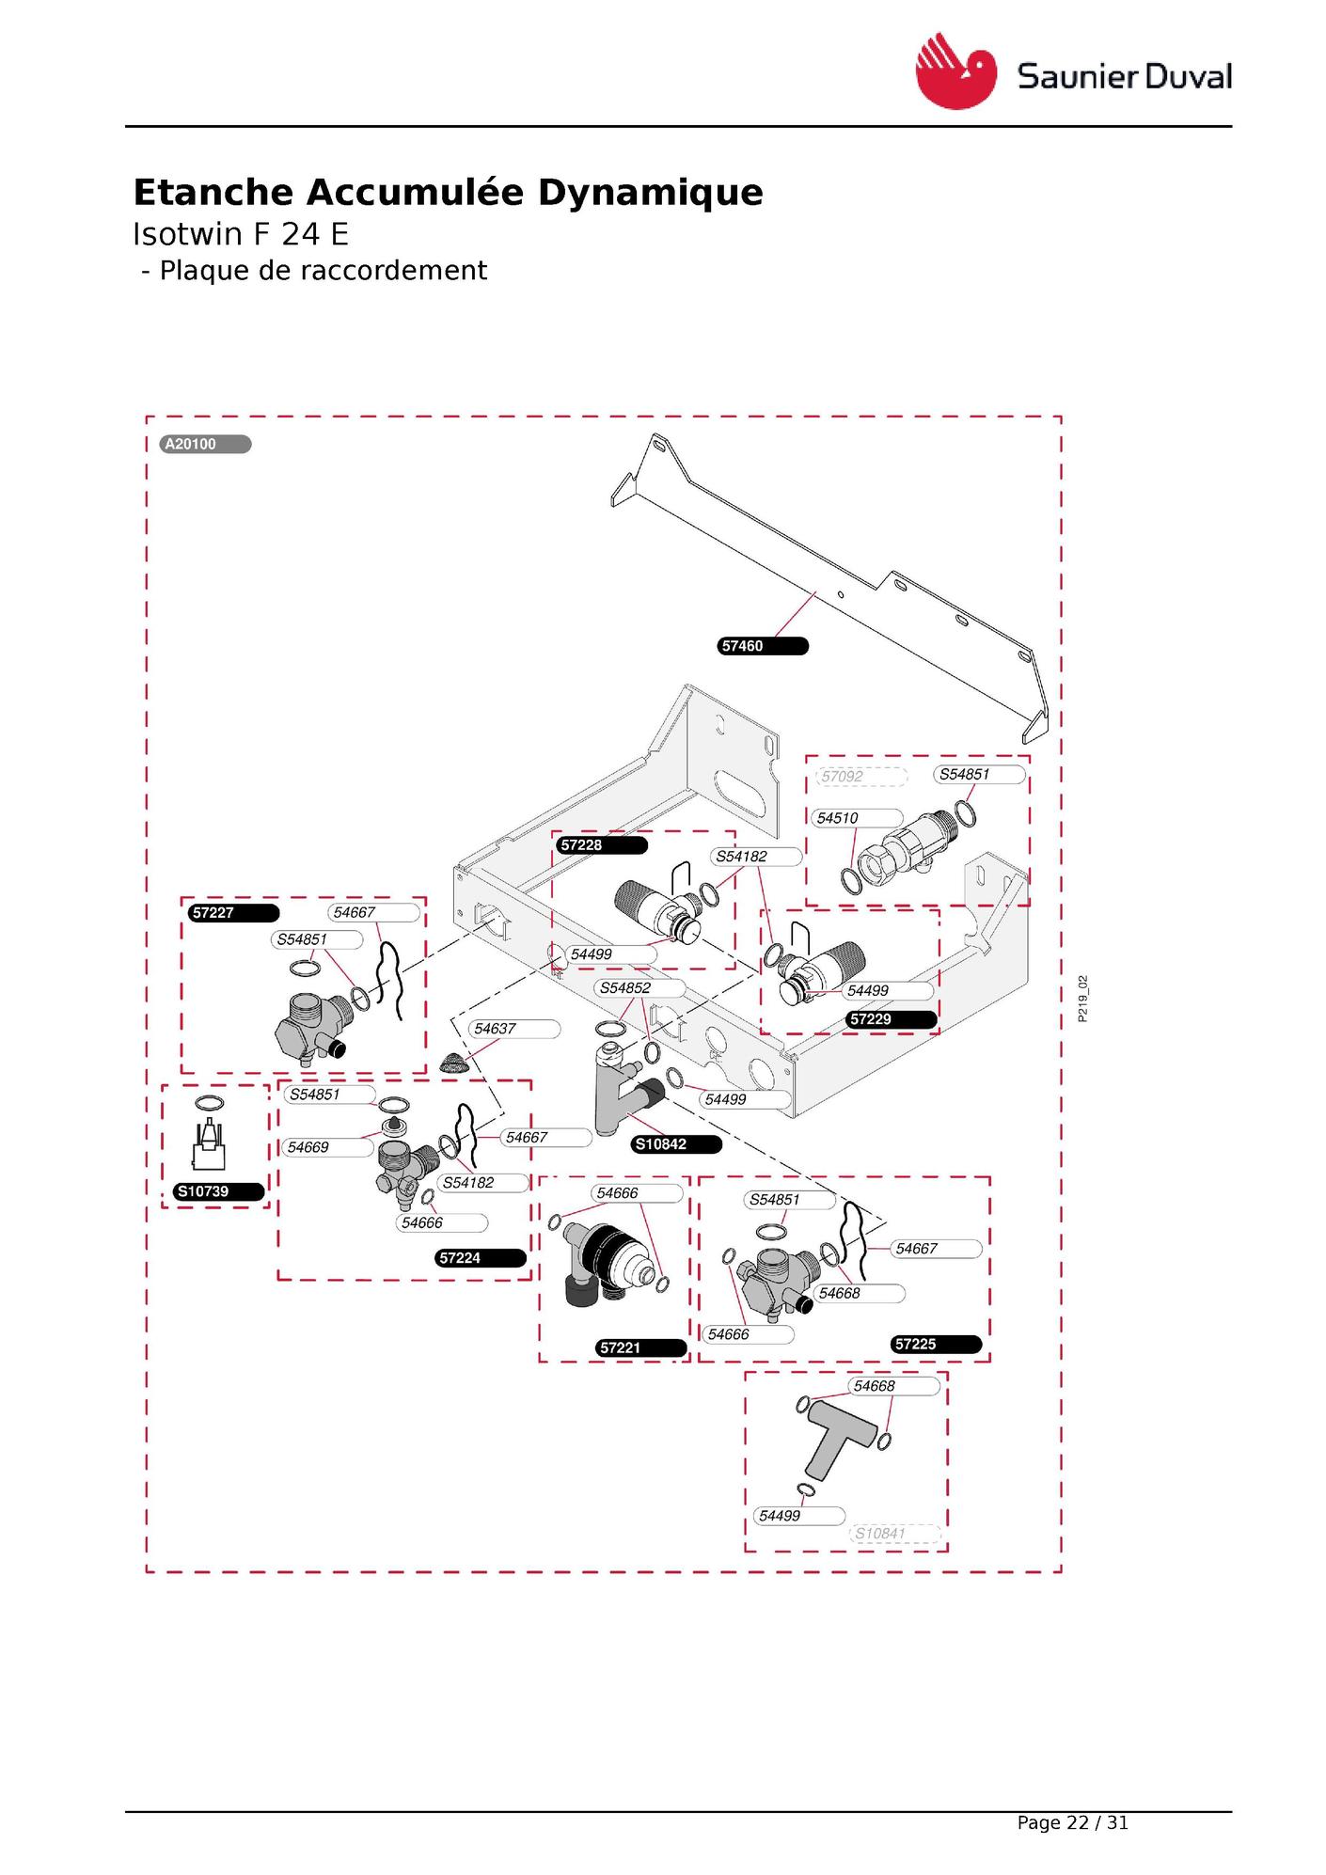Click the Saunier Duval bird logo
click(955, 71)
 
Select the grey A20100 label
click(206, 445)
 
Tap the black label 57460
click(763, 646)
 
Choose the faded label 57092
click(860, 777)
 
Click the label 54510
click(856, 818)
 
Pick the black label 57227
click(233, 913)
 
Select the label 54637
click(513, 1029)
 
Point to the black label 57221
click(642, 1347)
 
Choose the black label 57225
click(937, 1345)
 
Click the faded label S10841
click(895, 1534)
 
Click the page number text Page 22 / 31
click(1072, 1823)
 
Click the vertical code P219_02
click(1083, 999)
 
